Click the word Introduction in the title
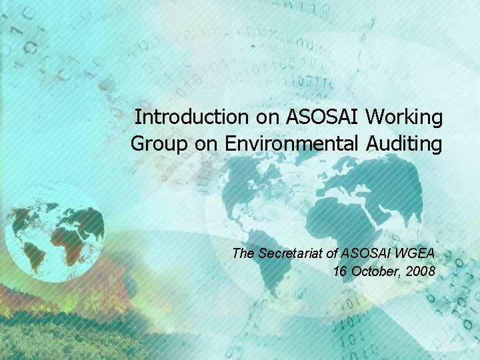pyautogui.click(x=191, y=118)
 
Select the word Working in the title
pyautogui.click(x=404, y=118)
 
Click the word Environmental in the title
pyautogui.click(x=293, y=143)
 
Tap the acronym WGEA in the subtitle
pyautogui.click(x=415, y=253)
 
